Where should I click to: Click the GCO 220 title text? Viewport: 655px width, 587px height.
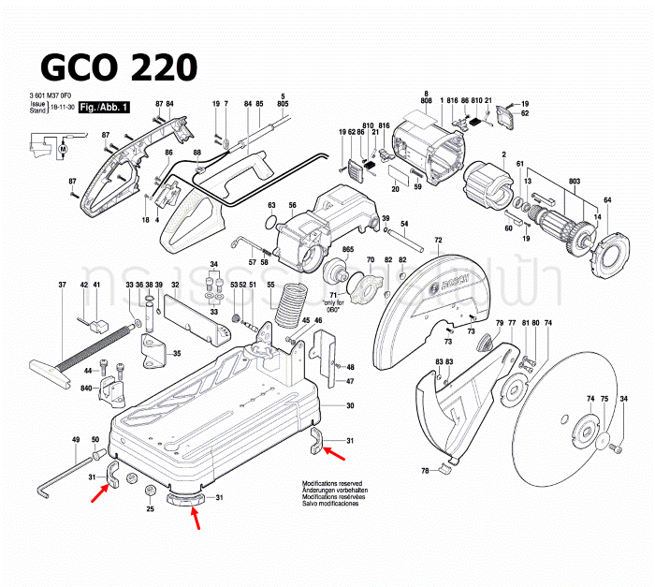coord(119,67)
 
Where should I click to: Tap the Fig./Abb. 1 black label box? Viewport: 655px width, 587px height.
coord(104,110)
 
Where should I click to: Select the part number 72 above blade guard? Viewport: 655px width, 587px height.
coord(438,242)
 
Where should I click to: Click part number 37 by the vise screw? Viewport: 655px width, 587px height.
coord(63,285)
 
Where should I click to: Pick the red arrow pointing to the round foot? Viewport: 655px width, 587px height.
coord(195,514)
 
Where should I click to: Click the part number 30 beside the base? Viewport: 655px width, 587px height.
coord(350,405)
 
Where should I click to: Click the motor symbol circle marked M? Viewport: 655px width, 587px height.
coord(64,148)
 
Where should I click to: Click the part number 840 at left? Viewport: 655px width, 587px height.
coord(85,387)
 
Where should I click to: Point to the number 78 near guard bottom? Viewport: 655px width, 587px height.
coord(424,470)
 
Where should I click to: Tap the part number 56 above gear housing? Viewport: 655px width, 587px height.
coord(292,206)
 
